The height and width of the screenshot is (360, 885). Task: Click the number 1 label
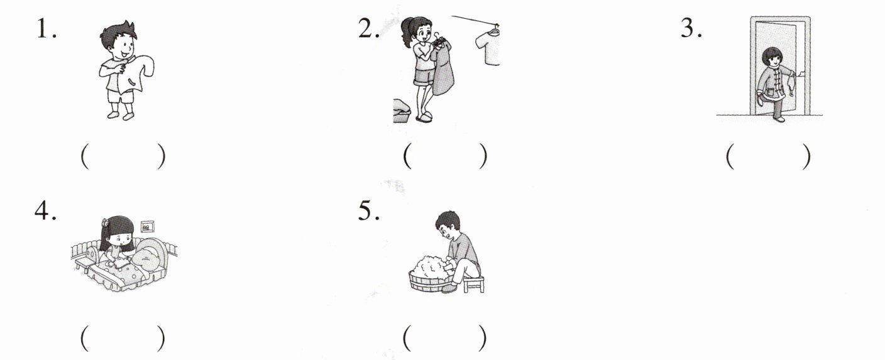tap(47, 28)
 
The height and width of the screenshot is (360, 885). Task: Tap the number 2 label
tap(368, 28)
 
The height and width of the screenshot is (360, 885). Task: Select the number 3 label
tap(691, 28)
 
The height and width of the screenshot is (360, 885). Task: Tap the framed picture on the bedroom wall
tap(147, 227)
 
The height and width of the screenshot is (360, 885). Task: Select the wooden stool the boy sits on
tap(474, 283)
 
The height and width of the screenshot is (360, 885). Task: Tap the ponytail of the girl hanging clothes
tap(405, 31)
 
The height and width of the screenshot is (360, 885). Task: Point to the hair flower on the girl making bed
tap(104, 222)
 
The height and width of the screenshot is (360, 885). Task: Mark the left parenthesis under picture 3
tap(730, 156)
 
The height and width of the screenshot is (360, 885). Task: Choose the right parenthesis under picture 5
tap(482, 338)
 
